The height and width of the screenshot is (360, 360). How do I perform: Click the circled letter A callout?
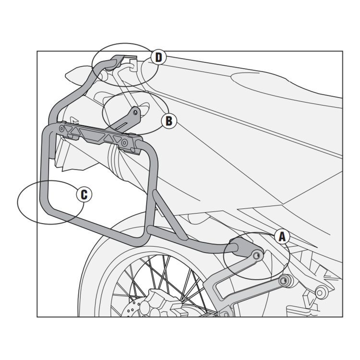(x=282, y=236)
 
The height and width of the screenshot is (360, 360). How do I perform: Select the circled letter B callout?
(x=168, y=120)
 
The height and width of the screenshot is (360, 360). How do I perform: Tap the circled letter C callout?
(x=84, y=194)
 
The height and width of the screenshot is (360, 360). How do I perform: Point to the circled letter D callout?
(x=158, y=58)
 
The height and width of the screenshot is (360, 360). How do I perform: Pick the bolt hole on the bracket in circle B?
(x=137, y=113)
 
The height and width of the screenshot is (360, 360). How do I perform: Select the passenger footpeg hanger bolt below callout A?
(x=287, y=280)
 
